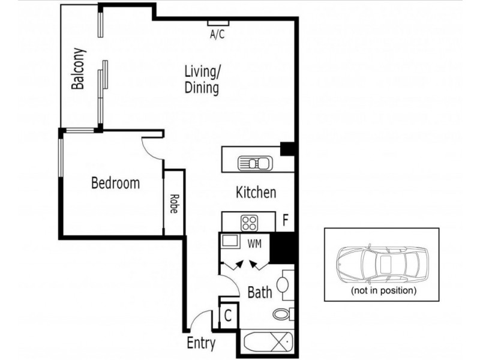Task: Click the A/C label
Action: pyautogui.click(x=217, y=35)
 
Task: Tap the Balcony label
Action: pyautogui.click(x=77, y=69)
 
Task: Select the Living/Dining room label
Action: pyautogui.click(x=202, y=80)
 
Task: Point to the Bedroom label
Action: pyautogui.click(x=115, y=182)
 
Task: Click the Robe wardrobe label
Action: pyautogui.click(x=173, y=204)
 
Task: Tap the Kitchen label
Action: pyautogui.click(x=256, y=193)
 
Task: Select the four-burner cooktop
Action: pyautogui.click(x=249, y=223)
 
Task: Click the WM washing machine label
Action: pyautogui.click(x=255, y=243)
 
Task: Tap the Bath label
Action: pyautogui.click(x=260, y=293)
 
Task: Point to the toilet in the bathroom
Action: pyautogui.click(x=281, y=314)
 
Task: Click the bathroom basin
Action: pyautogui.click(x=285, y=283)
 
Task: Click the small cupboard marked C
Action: pyautogui.click(x=229, y=315)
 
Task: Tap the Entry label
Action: pyautogui.click(x=201, y=344)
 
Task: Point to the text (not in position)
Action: pyautogui.click(x=383, y=290)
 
